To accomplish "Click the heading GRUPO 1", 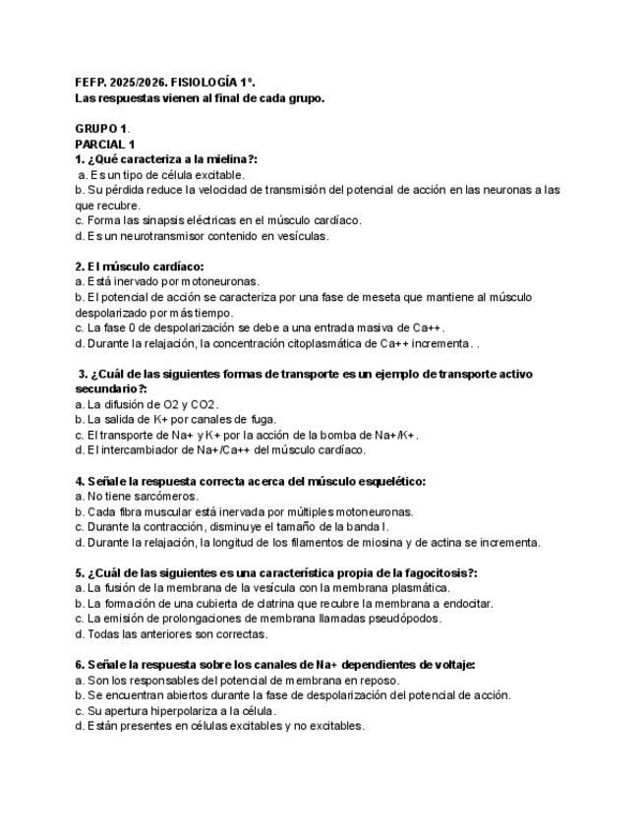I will coord(101,129).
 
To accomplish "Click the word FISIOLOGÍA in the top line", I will coord(211,83).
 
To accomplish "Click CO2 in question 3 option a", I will coord(203,404).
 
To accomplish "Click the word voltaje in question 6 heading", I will coord(453,665).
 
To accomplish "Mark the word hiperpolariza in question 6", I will coord(182,710).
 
